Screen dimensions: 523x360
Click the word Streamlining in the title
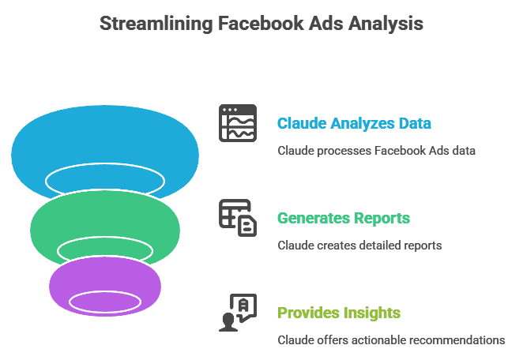tap(156, 24)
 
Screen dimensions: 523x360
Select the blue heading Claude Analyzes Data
tap(354, 123)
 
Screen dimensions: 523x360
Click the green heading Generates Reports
tap(344, 219)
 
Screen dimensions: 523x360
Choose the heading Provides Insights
tap(339, 313)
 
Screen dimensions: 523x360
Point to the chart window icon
tap(238, 123)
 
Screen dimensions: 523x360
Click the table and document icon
tap(238, 218)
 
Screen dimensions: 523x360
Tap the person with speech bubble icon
tap(238, 313)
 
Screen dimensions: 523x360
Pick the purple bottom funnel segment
tap(105, 276)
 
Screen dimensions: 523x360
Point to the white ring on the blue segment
tap(105, 164)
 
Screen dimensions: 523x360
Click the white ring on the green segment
tap(105, 238)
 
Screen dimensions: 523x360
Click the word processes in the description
tap(344, 151)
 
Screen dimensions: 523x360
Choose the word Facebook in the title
tap(261, 24)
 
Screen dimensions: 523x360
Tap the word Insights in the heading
tap(372, 313)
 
